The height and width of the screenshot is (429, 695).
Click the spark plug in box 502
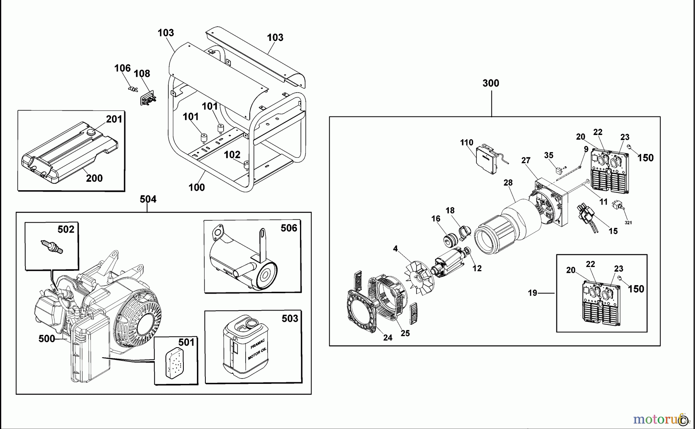51,247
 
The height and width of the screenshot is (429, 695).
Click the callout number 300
491,83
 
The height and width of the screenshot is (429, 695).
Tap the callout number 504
148,199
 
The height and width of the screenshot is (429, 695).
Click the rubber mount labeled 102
245,166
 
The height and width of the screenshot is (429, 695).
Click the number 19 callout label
532,293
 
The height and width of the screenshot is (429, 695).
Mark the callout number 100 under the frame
197,187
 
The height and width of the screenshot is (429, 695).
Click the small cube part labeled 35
559,170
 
